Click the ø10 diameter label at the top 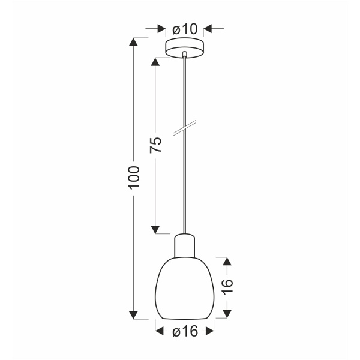click(184, 28)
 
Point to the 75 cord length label click(155, 145)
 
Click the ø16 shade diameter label click(185, 331)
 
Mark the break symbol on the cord click(184, 128)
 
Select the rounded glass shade click(184, 288)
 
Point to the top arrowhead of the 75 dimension click(155, 62)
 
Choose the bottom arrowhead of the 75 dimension click(155, 227)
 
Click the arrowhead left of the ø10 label click(160, 28)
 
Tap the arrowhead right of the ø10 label click(208, 28)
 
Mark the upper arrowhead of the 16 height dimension click(226, 262)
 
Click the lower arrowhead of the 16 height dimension click(226, 314)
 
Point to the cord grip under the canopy click(184, 56)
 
